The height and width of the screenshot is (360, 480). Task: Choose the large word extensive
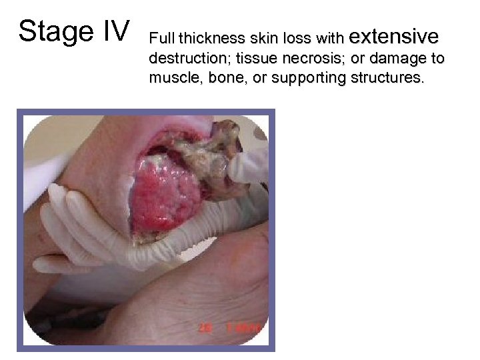(393, 34)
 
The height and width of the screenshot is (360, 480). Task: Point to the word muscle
(171, 78)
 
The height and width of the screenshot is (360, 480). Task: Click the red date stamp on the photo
(230, 328)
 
